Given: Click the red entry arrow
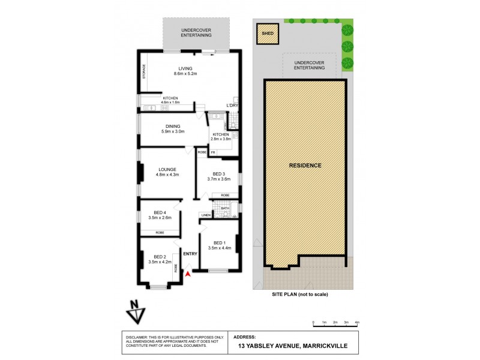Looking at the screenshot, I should tap(188, 273).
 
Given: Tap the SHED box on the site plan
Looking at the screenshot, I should tap(267, 34).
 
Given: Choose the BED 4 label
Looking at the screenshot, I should tap(159, 212).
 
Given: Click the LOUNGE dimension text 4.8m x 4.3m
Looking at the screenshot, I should tap(167, 175).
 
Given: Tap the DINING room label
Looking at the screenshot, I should tap(173, 126).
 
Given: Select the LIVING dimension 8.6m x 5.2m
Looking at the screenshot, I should tap(185, 74).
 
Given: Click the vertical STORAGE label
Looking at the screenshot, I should tap(144, 72).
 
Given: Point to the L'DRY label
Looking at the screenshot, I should tap(232, 106).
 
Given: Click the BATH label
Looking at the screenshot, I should tap(225, 209).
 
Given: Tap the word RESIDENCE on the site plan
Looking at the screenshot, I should tap(305, 165).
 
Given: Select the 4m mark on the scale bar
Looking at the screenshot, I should tap(358, 323).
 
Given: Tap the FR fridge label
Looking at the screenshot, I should tap(212, 152).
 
